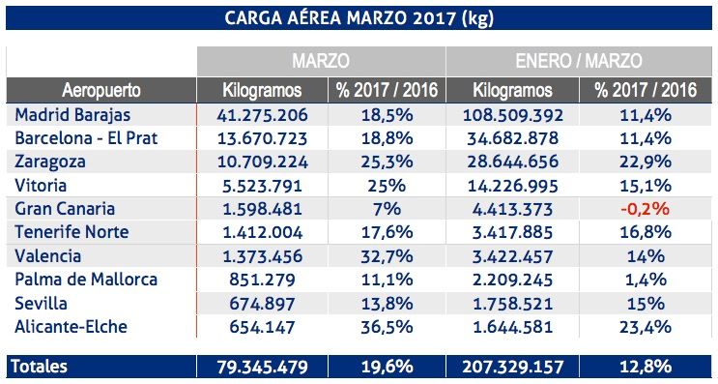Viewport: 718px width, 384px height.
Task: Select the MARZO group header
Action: pyautogui.click(x=321, y=60)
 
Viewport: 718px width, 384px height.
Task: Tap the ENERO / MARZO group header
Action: pyautogui.click(x=581, y=60)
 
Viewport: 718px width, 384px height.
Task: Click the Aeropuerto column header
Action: pyautogui.click(x=101, y=91)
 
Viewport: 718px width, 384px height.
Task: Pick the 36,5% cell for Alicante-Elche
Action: pyautogui.click(x=388, y=327)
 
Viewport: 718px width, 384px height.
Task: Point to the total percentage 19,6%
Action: pyautogui.click(x=388, y=368)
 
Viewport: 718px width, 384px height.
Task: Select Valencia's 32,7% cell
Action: pyautogui.click(x=388, y=256)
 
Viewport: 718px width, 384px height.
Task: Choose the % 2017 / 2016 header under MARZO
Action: pyautogui.click(x=388, y=91)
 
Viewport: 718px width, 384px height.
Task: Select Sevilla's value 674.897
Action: pyautogui.click(x=261, y=304)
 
